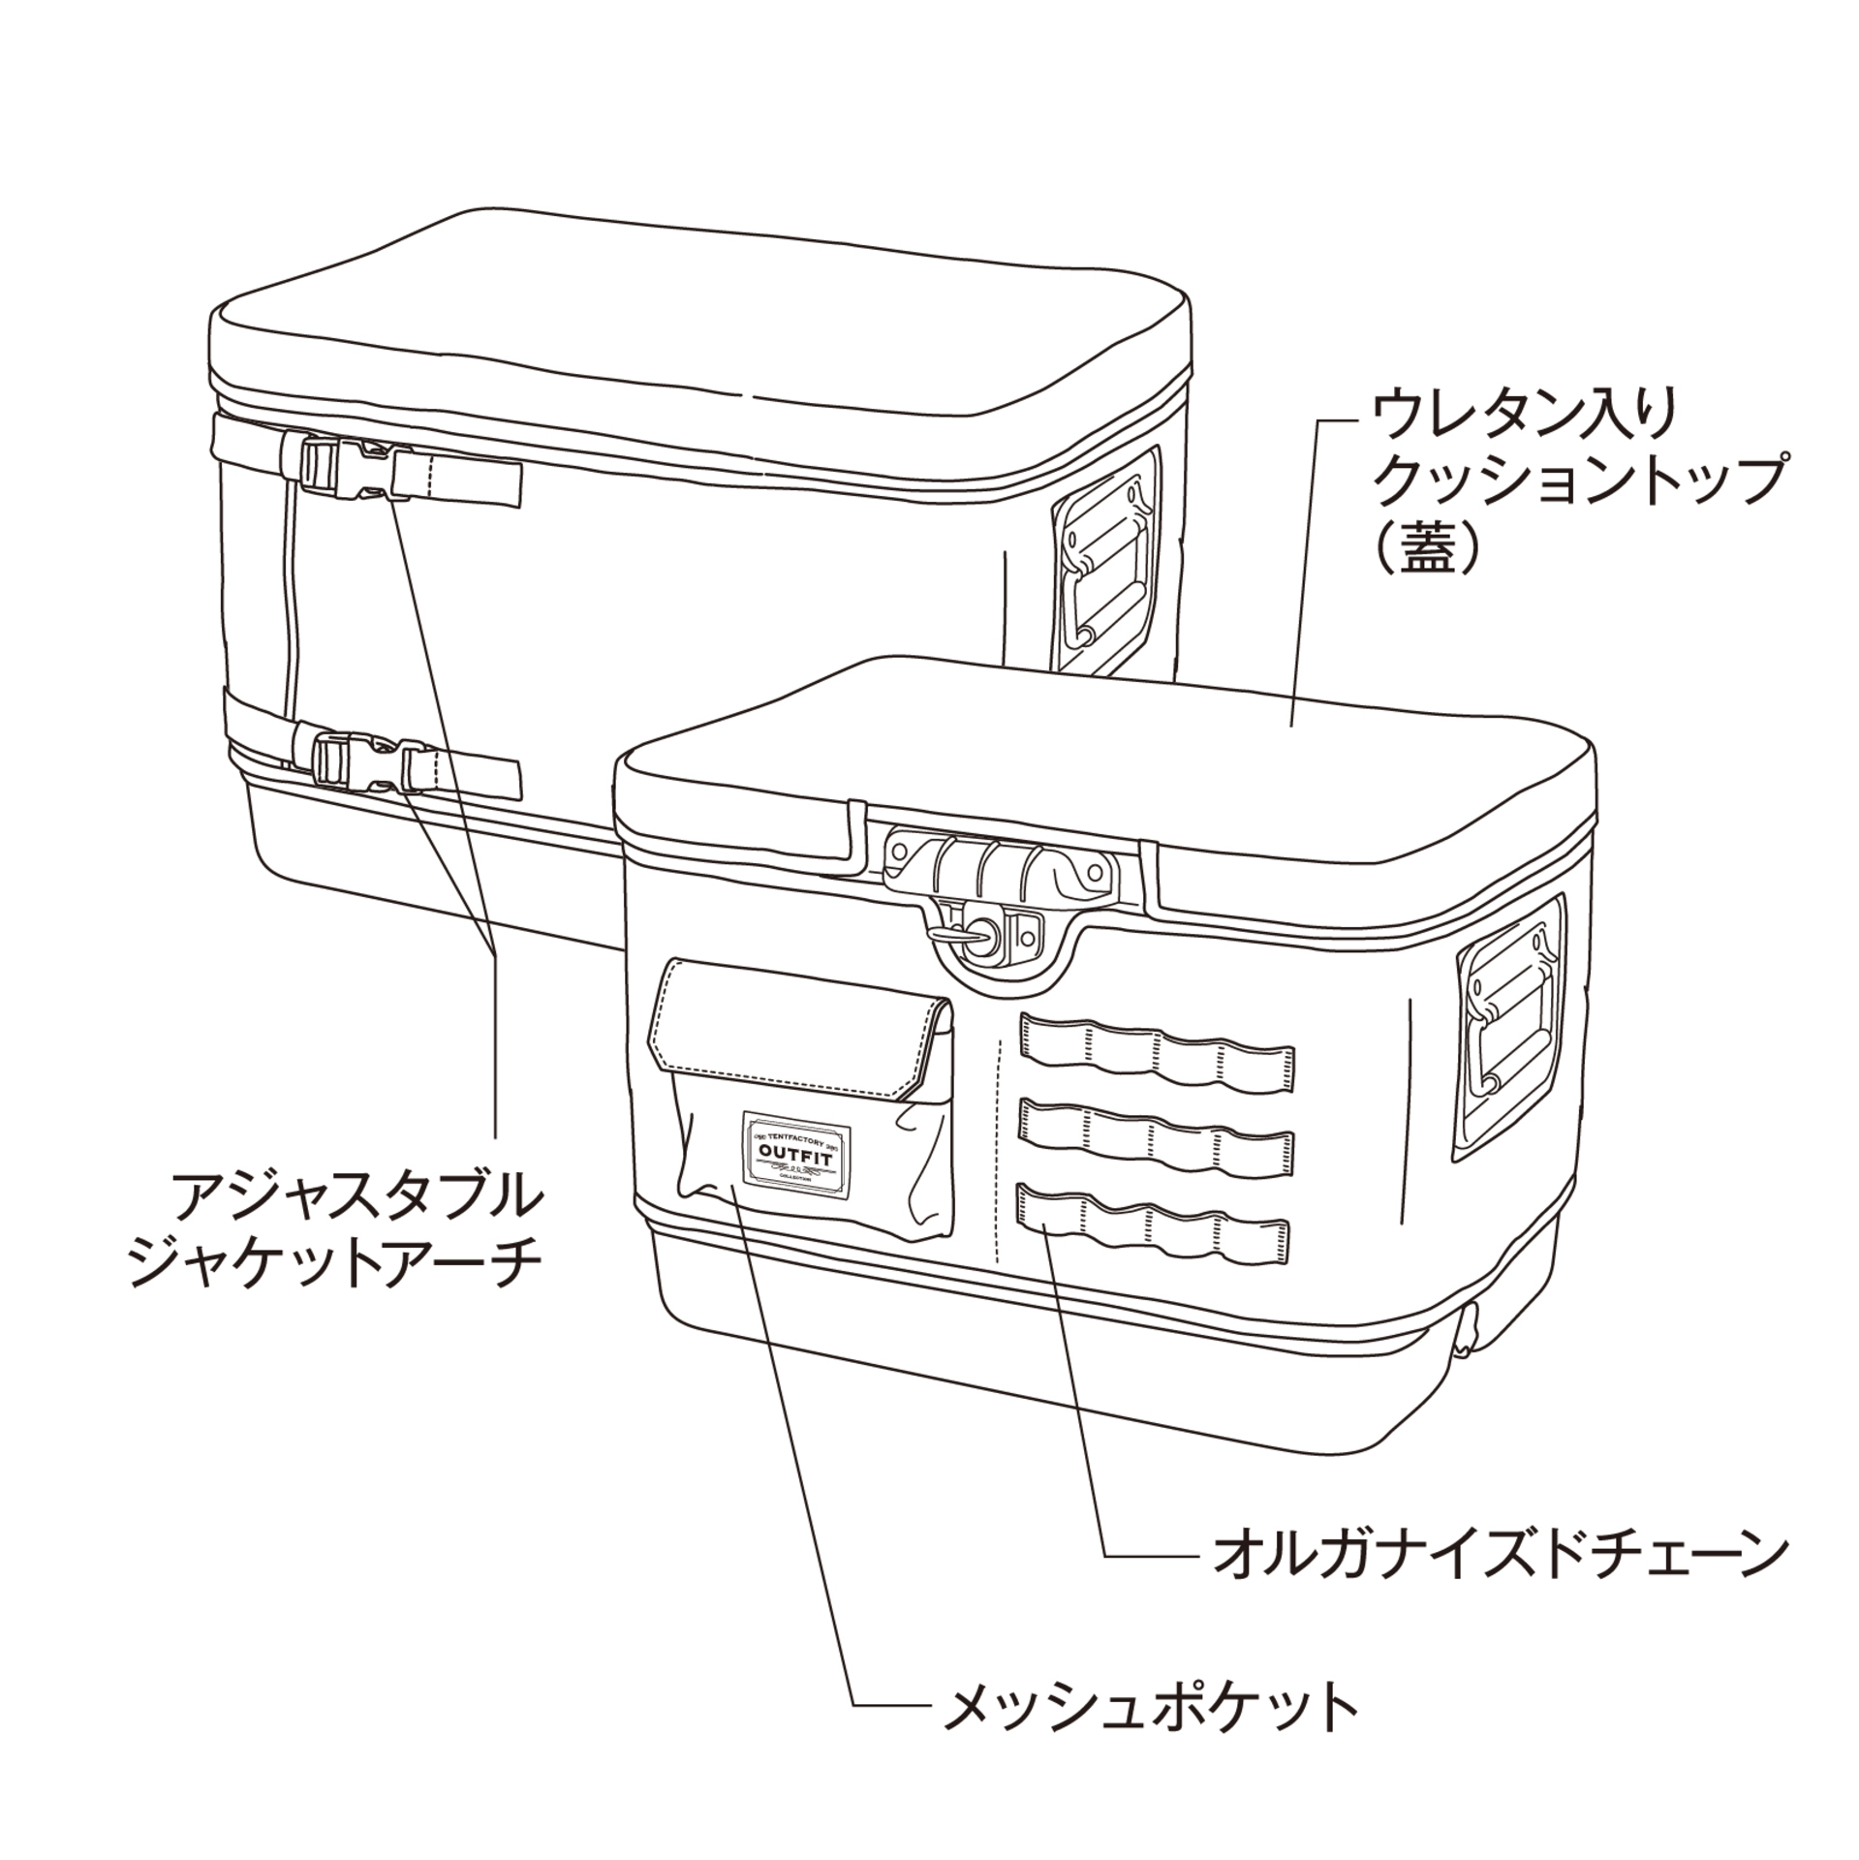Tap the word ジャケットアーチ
[337, 1263]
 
